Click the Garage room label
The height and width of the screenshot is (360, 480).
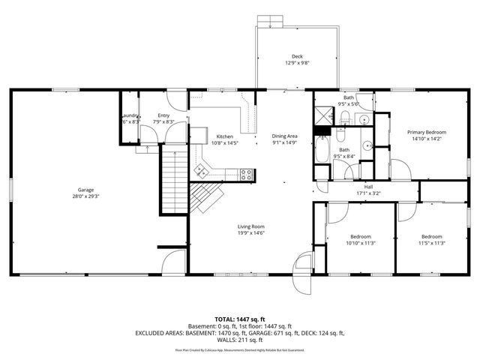coord(85,190)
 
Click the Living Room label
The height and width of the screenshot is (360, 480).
coord(251,226)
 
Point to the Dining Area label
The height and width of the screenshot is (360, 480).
coord(284,136)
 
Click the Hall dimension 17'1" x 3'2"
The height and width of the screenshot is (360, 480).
coord(368,193)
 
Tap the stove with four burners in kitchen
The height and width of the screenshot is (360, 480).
coord(245,175)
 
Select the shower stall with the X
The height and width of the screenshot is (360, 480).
coord(324,116)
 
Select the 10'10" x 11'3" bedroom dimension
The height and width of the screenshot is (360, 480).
coord(360,243)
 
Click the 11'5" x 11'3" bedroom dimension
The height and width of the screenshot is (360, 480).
coord(431,243)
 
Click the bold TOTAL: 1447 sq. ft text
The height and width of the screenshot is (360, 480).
coord(239,319)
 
